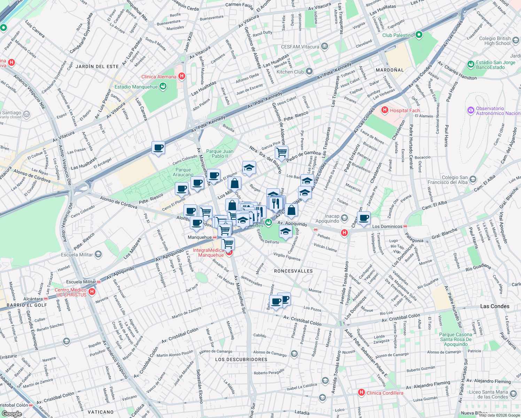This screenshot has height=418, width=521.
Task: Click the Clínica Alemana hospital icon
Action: click(181, 76)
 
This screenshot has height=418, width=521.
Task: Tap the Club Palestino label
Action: click(398, 35)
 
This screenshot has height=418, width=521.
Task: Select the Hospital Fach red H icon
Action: click(385, 110)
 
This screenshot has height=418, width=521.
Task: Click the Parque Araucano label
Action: click(183, 172)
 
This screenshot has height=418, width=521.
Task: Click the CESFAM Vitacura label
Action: click(300, 47)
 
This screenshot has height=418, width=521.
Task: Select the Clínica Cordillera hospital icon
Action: click(361, 393)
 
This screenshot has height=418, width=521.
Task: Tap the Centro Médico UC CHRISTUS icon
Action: click(92, 292)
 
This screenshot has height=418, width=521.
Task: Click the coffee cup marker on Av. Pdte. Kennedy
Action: click(158, 148)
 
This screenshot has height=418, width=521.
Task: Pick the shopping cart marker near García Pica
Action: click(281, 152)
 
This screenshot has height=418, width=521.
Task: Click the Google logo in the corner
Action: click(11, 413)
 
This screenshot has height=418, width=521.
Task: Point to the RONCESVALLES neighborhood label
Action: click(293, 271)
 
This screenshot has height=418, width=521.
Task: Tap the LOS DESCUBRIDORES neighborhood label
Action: click(241, 359)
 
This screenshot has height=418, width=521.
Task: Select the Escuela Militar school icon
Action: click(98, 254)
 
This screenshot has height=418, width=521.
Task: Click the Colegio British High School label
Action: click(495, 41)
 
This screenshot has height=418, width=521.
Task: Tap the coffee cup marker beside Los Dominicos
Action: click(364, 218)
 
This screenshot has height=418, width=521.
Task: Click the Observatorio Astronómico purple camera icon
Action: click(471, 110)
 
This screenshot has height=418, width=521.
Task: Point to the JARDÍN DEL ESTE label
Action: click(97, 67)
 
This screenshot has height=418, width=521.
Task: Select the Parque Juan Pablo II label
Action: click(220, 154)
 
